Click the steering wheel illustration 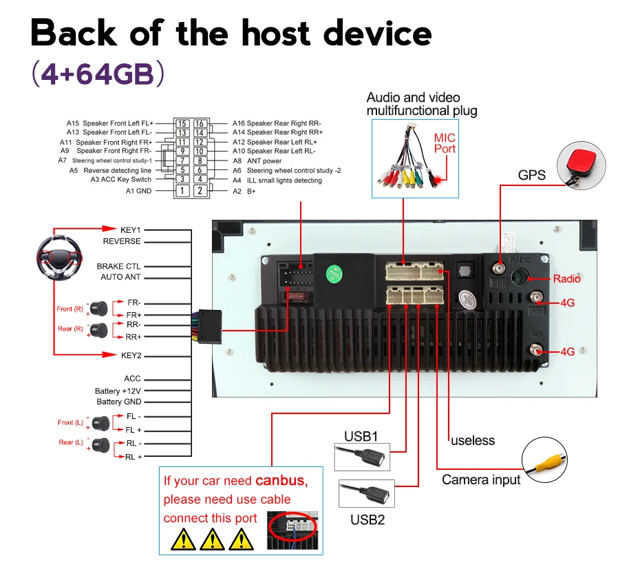(60, 258)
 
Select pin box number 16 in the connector (199, 123)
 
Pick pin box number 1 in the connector (182, 190)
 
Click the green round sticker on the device (334, 273)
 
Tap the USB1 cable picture (362, 457)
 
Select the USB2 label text (367, 519)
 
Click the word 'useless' (473, 440)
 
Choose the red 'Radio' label (566, 278)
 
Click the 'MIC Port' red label (445, 143)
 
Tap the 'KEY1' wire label (130, 230)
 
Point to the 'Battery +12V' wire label (118, 391)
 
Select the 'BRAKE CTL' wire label (118, 267)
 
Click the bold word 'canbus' (281, 480)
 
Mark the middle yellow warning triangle (212, 539)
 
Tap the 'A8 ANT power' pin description (257, 161)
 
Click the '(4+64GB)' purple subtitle (98, 74)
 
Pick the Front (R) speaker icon (98, 309)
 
